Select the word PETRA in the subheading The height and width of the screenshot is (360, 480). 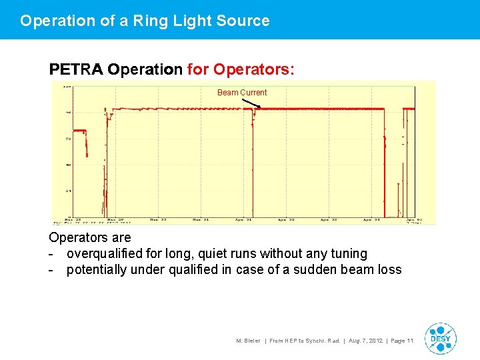click(76, 69)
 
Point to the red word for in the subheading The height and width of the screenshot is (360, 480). click(198, 69)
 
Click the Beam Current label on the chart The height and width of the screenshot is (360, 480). click(241, 93)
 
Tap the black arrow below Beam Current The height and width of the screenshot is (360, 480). click(251, 104)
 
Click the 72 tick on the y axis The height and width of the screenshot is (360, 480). click(68, 139)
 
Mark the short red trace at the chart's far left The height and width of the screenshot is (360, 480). click(79, 131)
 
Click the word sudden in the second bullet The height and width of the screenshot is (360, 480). click(319, 270)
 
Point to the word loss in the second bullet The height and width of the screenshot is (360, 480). click(389, 270)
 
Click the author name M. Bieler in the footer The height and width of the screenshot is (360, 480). click(249, 341)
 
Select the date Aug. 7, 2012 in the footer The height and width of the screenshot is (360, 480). click(365, 341)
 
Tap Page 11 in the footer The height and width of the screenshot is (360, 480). click(402, 341)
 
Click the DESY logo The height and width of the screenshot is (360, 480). click(440, 338)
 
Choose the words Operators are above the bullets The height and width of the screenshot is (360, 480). click(90, 238)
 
